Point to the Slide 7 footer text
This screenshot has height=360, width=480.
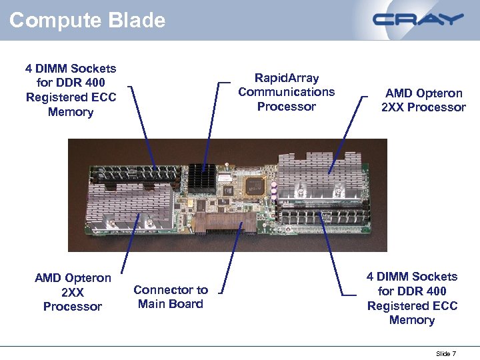point(445,353)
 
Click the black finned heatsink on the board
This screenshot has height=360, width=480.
point(202,177)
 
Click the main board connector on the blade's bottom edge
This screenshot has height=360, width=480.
point(224,223)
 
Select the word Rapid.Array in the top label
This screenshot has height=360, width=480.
point(287,78)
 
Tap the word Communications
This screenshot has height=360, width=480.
point(287,92)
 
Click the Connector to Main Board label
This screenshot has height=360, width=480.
point(170,297)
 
